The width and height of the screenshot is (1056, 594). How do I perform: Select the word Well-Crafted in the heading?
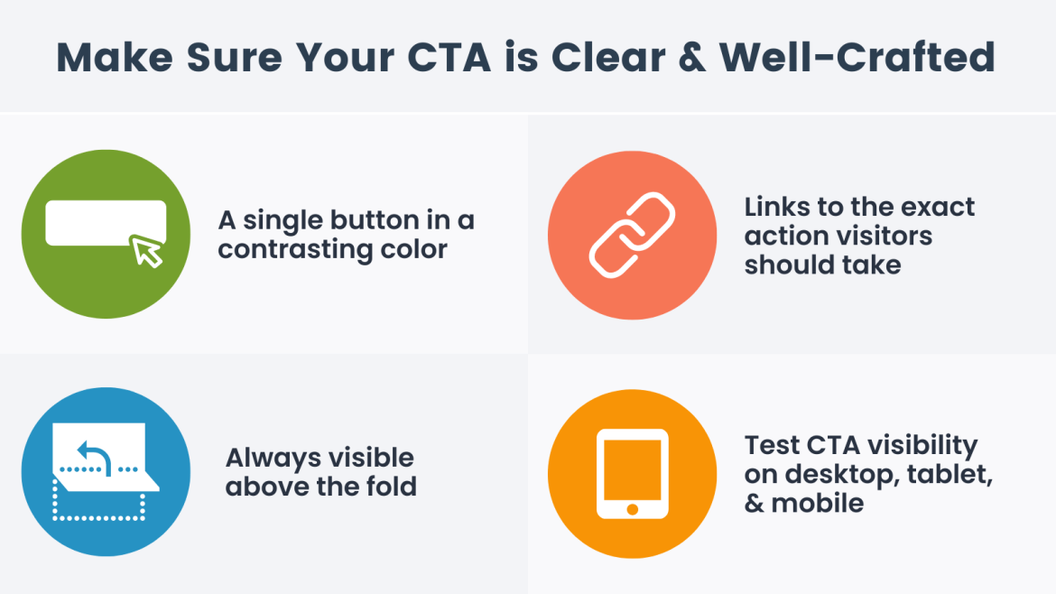pyautogui.click(x=857, y=57)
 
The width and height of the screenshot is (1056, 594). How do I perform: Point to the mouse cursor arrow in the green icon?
pyautogui.click(x=147, y=251)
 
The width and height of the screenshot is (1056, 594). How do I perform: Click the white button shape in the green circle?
pyautogui.click(x=105, y=222)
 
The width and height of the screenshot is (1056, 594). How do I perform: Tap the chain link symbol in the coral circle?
pyautogui.click(x=632, y=236)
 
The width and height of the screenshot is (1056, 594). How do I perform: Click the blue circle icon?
pyautogui.click(x=106, y=471)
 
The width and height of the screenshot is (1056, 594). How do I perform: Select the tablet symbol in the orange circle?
pyautogui.click(x=632, y=473)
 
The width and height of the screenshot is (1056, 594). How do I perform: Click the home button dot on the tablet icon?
pyautogui.click(x=632, y=509)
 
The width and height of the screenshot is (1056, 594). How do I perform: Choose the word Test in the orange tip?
pyautogui.click(x=770, y=445)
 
